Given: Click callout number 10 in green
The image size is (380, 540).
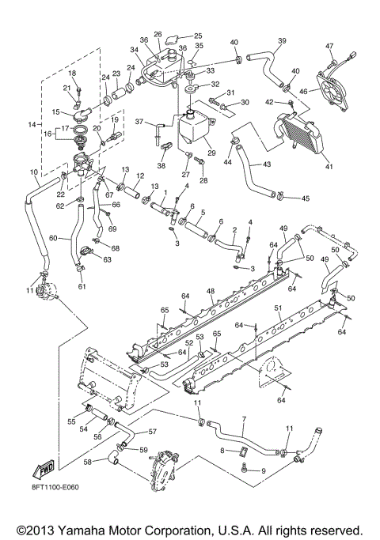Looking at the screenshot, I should pyautogui.click(x=33, y=172).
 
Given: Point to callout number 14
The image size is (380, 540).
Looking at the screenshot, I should pyautogui.click(x=32, y=125).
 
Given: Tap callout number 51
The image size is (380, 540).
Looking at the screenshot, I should pyautogui.click(x=278, y=308).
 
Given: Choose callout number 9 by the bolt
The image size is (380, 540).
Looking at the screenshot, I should pyautogui.click(x=264, y=471).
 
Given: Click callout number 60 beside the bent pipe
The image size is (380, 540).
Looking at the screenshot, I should pyautogui.click(x=54, y=236).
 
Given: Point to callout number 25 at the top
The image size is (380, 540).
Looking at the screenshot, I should pyautogui.click(x=198, y=36).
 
